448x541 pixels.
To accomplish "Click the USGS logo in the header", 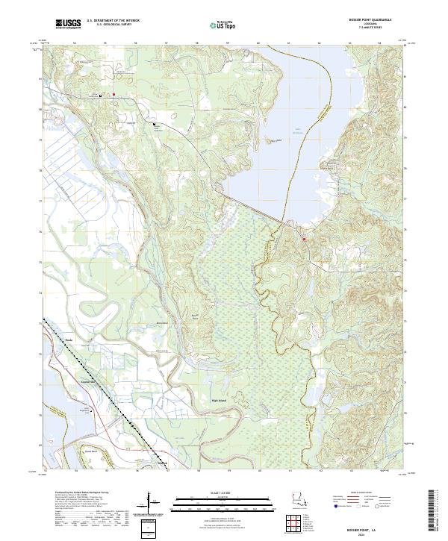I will [69, 24].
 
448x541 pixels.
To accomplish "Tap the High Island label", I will [219, 399].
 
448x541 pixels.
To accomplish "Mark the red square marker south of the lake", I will [305, 239].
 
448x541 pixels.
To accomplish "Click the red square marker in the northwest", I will [113, 95].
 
